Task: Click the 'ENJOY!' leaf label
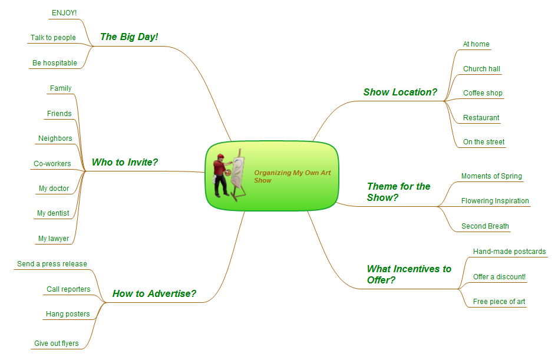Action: pyautogui.click(x=64, y=13)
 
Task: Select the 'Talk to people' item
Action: pyautogui.click(x=53, y=37)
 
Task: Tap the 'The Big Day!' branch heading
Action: pyautogui.click(x=129, y=37)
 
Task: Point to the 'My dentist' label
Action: pyautogui.click(x=53, y=213)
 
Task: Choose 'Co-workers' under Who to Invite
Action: pyautogui.click(x=52, y=164)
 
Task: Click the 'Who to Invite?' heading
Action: pyautogui.click(x=124, y=162)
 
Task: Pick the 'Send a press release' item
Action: pyautogui.click(x=52, y=264)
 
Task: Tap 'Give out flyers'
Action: pyautogui.click(x=56, y=344)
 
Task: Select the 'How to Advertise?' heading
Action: pyautogui.click(x=154, y=293)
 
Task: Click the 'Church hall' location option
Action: pyautogui.click(x=481, y=69)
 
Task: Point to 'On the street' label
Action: pyautogui.click(x=484, y=142)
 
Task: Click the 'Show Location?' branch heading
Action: pyautogui.click(x=400, y=92)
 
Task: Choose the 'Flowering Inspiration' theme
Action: pyautogui.click(x=495, y=201)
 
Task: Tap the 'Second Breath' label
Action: pyautogui.click(x=485, y=226)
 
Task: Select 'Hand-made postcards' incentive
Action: pyautogui.click(x=509, y=252)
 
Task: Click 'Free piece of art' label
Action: pyautogui.click(x=499, y=302)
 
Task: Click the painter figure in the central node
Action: pyautogui.click(x=221, y=176)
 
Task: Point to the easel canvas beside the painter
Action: pyautogui.click(x=237, y=172)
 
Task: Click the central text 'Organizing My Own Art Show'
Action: pyautogui.click(x=292, y=176)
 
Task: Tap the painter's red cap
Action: pyautogui.click(x=220, y=156)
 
